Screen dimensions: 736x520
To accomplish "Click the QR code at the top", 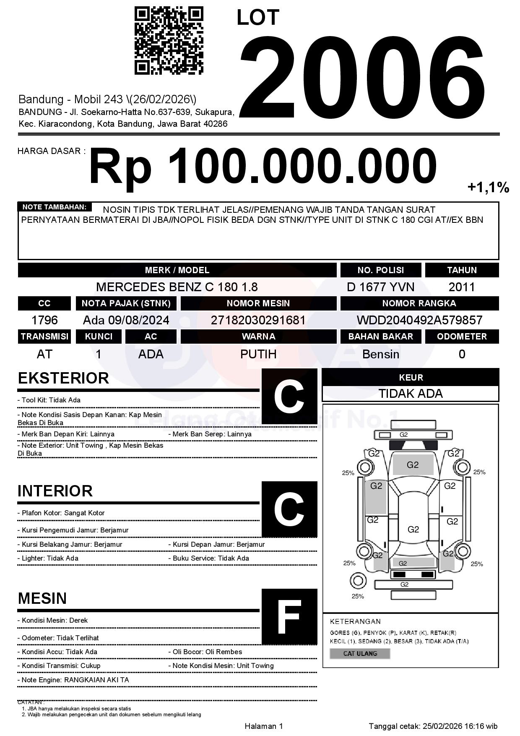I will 169,40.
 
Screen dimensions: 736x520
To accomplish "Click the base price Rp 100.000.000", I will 263,167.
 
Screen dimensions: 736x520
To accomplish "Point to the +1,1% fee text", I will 488,187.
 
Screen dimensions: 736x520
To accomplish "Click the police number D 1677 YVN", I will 380,287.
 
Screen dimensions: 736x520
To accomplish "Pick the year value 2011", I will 462,287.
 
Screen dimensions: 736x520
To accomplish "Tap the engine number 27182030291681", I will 258,320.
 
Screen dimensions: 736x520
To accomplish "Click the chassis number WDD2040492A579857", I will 419,320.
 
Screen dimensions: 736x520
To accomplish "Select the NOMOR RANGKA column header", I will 419,303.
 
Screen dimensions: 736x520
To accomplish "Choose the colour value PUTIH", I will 258,354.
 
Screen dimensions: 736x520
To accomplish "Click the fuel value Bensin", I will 380,354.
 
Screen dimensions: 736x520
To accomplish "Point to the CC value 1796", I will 44,320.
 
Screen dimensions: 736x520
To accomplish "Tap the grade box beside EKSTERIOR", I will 289,396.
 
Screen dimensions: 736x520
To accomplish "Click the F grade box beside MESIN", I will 289,616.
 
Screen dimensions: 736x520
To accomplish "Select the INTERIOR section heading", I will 55,491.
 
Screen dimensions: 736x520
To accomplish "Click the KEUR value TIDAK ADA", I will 411,394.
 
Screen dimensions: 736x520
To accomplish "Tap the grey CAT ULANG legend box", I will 360,653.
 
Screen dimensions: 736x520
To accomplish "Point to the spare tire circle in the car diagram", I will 358,581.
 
